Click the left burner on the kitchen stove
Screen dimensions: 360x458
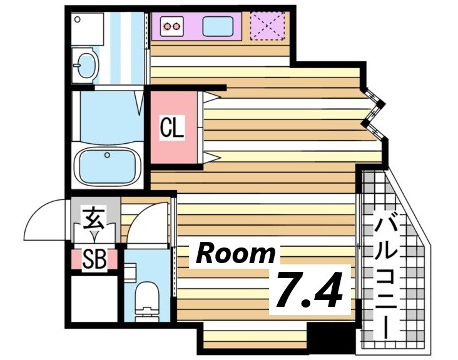pyautogui.click(x=168, y=26)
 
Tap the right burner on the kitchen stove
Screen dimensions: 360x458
pyautogui.click(x=178, y=26)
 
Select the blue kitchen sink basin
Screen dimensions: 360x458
pyautogui.click(x=218, y=26)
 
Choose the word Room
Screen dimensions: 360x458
pyautogui.click(x=236, y=254)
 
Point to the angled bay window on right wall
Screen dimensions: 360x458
pyautogui.click(x=375, y=111)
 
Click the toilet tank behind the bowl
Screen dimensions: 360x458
pyautogui.click(x=130, y=272)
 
